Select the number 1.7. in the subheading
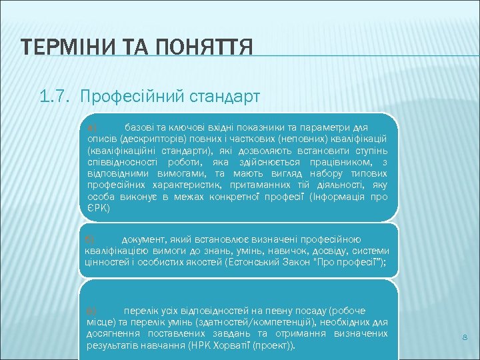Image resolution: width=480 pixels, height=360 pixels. click(x=57, y=97)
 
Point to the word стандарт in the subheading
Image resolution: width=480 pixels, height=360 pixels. click(x=221, y=97)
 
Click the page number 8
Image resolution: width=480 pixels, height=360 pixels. click(x=465, y=339)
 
